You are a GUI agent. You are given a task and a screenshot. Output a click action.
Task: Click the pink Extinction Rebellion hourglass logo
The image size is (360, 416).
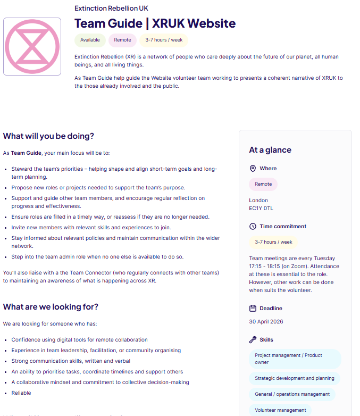tap(32, 46)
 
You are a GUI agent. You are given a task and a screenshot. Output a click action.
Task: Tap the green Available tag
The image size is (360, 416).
tap(90, 40)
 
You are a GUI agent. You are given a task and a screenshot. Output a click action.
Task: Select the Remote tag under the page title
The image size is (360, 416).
tap(122, 40)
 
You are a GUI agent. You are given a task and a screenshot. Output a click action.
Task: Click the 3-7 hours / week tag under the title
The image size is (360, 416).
tap(163, 40)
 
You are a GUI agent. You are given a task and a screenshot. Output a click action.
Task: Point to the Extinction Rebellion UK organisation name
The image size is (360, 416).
tap(111, 8)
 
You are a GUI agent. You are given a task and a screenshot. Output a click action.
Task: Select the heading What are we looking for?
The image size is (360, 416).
tap(51, 307)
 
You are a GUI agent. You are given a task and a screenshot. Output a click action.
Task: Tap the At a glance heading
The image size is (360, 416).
tap(270, 150)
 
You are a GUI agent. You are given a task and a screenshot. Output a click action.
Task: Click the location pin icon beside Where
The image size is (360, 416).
tap(253, 169)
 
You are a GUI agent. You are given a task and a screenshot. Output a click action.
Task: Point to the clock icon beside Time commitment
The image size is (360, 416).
tap(253, 227)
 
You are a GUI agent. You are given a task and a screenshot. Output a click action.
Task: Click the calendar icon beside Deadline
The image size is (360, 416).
tap(253, 309)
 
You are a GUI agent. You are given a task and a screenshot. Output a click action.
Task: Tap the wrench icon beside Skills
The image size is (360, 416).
tap(253, 340)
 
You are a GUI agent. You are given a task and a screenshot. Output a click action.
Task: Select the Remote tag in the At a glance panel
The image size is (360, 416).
tap(263, 184)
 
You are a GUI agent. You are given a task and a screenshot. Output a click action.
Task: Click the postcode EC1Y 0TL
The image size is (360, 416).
tap(261, 209)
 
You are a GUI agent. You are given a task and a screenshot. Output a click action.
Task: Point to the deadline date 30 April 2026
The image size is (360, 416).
tap(266, 322)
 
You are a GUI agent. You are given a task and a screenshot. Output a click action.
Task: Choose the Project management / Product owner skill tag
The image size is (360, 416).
tap(294, 359)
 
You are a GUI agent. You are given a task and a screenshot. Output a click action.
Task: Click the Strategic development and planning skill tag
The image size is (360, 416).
tap(294, 378)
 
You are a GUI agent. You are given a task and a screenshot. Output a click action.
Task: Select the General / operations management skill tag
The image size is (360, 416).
tap(292, 394)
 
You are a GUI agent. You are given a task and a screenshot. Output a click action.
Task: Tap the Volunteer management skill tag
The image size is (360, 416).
tap(280, 410)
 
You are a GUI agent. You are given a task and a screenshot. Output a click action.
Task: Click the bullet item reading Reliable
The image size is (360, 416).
tap(21, 393)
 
